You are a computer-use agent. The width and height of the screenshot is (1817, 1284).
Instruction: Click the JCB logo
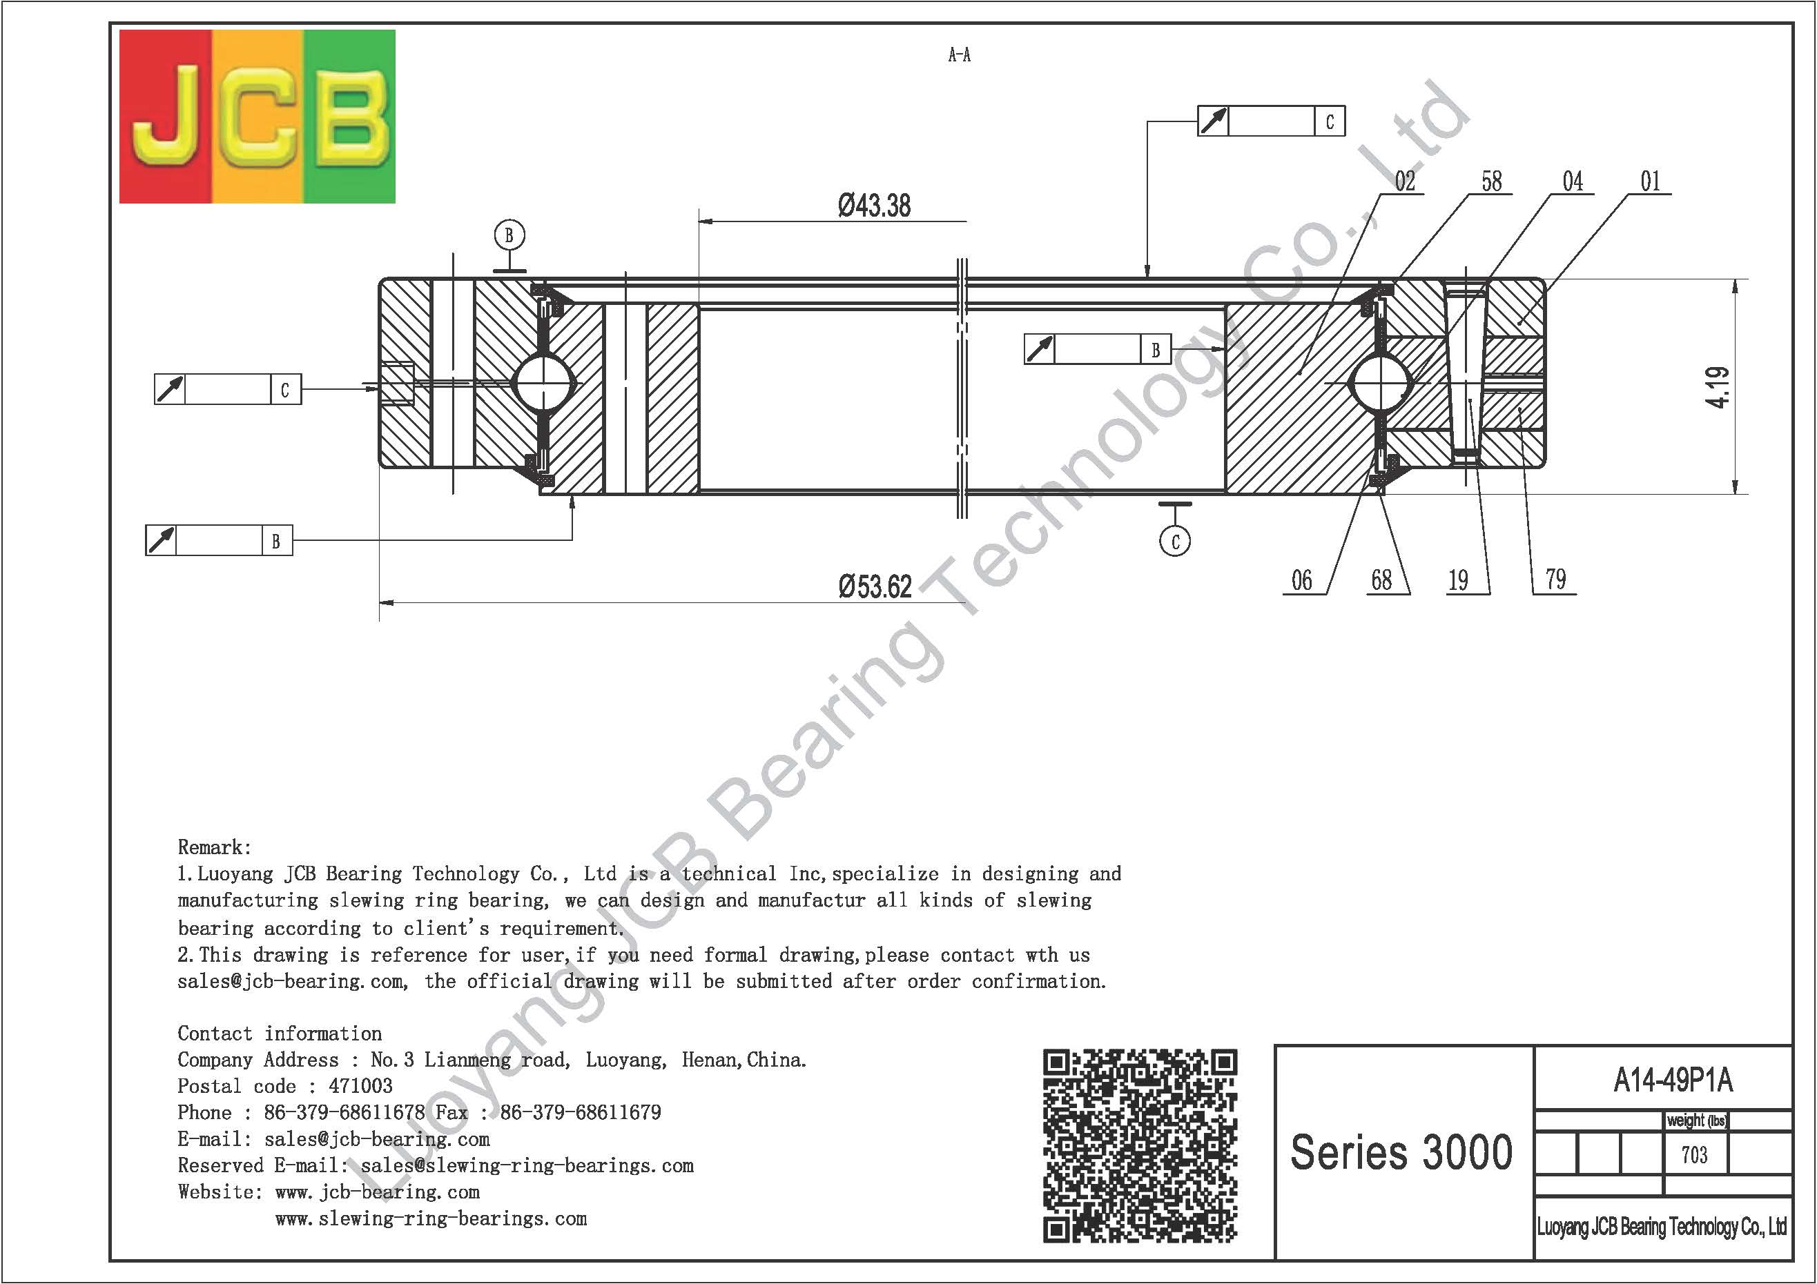258,117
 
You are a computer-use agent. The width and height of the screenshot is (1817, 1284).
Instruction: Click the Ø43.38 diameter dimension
874,206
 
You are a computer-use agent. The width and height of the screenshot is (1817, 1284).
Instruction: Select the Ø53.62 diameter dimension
875,587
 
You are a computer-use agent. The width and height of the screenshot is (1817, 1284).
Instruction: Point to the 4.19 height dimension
1718,387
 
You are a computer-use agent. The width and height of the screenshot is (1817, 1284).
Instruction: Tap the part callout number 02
1405,181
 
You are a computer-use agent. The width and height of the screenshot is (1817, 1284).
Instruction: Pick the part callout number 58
1491,181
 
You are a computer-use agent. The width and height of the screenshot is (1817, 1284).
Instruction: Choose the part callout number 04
1573,181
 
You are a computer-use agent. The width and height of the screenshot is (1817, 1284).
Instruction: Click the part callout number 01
1650,181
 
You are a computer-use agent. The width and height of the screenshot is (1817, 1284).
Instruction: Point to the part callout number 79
1555,580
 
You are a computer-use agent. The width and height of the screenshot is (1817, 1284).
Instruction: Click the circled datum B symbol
509,235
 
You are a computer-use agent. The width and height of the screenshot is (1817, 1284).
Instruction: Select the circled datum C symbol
1175,541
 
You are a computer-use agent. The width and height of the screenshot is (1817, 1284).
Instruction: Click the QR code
1140,1145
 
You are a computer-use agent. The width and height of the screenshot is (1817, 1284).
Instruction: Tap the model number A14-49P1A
1673,1080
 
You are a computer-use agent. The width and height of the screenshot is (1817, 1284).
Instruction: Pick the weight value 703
1694,1155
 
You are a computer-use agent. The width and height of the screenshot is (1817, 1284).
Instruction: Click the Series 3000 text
1401,1152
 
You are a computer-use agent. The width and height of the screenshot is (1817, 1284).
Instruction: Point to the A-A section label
959,55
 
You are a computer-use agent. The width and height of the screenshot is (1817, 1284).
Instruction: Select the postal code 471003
360,1086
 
